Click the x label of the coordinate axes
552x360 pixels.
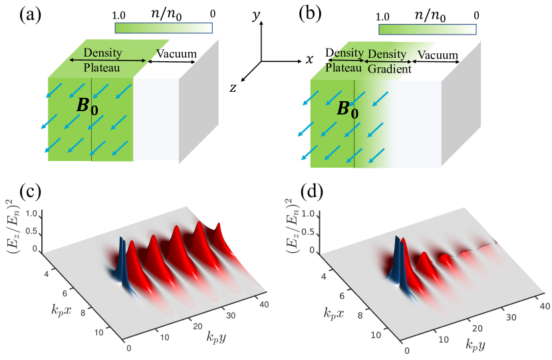[309, 60]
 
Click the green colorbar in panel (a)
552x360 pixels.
[163, 27]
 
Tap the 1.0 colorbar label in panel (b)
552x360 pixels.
[382, 15]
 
